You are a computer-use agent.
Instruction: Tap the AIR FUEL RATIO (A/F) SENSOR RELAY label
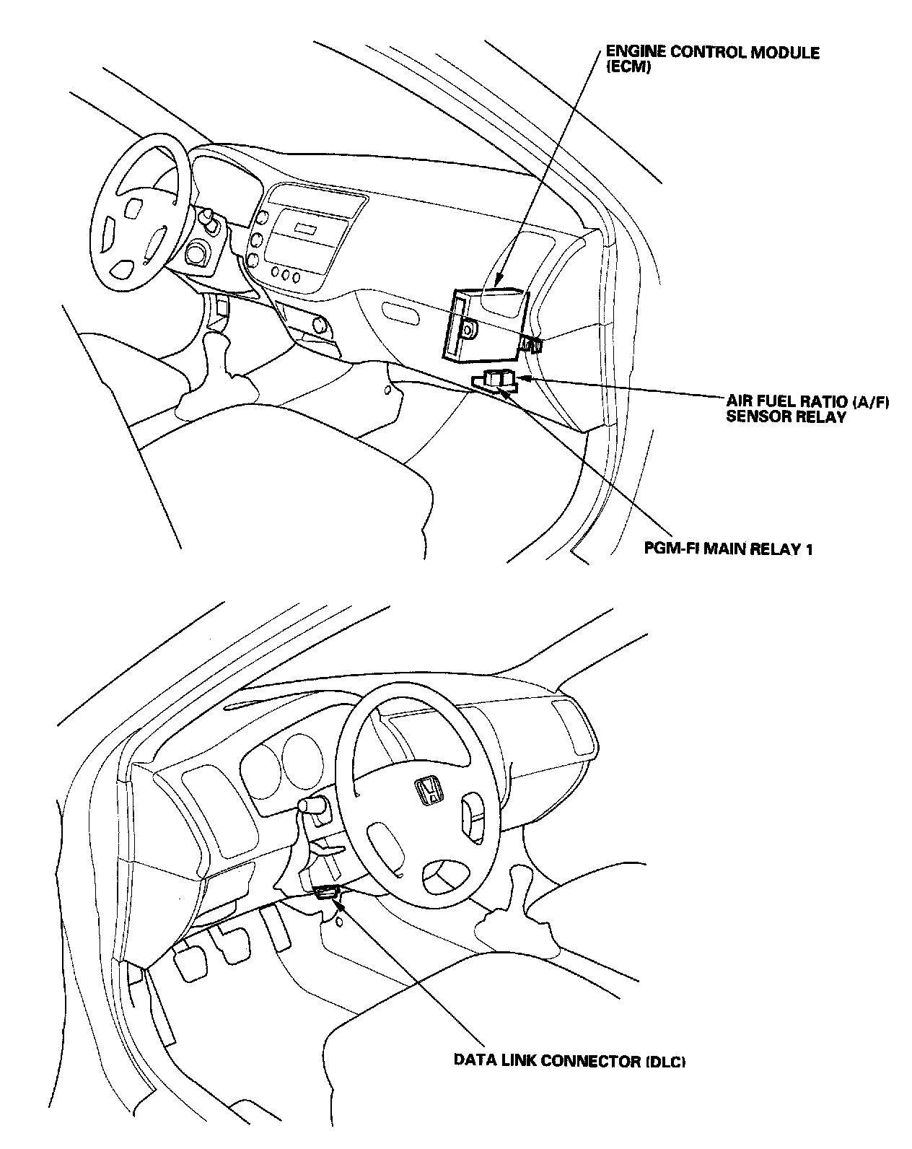[807, 409]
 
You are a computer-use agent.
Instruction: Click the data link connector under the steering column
[327, 893]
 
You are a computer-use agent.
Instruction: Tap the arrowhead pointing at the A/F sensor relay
[525, 377]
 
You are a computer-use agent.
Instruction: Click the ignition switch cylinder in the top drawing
[196, 253]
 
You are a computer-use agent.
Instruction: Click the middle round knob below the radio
[286, 274]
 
